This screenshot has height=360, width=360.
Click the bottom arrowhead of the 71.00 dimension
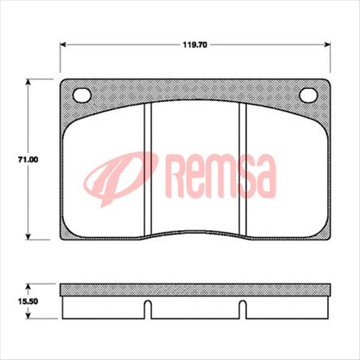tap(29, 238)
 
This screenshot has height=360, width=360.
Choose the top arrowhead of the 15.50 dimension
tap(29, 285)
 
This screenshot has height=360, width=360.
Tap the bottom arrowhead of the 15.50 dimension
tap(29, 318)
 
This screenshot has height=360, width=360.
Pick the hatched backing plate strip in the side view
tap(195, 290)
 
